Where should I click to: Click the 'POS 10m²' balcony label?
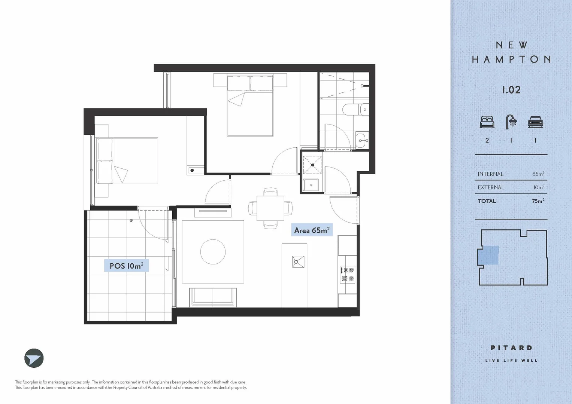click(126, 266)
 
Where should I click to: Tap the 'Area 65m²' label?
click(312, 230)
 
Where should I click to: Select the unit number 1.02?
click(511, 90)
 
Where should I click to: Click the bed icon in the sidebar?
click(487, 122)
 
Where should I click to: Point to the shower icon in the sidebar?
click(511, 122)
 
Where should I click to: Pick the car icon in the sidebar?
click(535, 122)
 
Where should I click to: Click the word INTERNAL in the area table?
click(490, 174)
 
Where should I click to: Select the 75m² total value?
click(538, 201)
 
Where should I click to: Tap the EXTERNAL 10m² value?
click(539, 187)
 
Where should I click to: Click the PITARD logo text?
click(511, 348)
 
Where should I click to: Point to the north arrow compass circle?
click(34, 358)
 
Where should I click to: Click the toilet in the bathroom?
click(356, 109)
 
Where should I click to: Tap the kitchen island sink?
click(298, 261)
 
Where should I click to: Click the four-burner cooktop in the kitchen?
click(347, 274)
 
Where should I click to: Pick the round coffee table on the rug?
click(213, 252)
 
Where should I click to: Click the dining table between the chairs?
click(270, 208)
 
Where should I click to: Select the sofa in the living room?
click(213, 297)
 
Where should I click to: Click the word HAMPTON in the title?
click(511, 59)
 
